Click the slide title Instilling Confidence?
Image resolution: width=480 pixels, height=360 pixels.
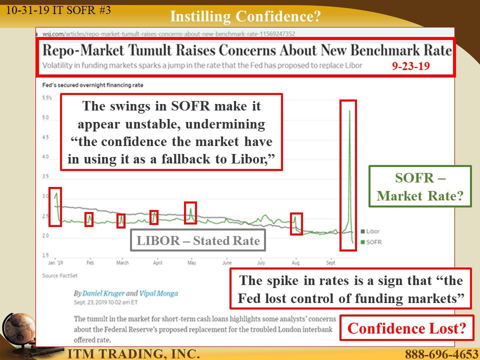245,16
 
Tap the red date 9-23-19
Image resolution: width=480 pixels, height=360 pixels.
411,66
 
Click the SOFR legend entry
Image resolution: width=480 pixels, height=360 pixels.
371,242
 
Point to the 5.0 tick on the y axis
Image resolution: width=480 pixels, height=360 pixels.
45,117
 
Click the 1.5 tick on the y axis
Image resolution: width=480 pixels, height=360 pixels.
45,255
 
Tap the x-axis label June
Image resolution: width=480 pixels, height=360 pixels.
227,262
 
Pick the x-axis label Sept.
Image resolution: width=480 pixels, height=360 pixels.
330,262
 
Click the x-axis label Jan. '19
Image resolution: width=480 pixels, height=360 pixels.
55,262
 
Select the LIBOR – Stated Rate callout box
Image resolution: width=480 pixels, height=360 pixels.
198,240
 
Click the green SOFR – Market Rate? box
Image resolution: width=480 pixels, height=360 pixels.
420,186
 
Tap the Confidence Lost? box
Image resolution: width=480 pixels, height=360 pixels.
407,328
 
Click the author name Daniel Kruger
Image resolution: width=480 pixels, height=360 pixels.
103,293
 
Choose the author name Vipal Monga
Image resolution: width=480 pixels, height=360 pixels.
158,293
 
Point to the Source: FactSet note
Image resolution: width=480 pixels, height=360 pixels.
59,275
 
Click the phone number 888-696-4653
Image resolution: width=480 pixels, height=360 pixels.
441,354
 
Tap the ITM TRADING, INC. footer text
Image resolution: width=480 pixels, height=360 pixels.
133,353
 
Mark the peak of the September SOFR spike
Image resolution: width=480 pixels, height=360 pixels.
349,110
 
